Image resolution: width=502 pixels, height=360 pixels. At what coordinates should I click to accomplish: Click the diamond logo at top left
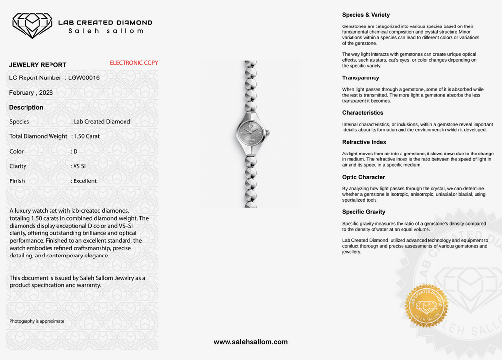(x=32, y=25)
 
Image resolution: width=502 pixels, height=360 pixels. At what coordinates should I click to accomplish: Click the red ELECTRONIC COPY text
(x=134, y=63)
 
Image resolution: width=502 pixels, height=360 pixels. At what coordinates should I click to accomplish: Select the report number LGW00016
(x=84, y=77)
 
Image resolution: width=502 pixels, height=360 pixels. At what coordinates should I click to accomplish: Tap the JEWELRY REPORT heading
(x=38, y=65)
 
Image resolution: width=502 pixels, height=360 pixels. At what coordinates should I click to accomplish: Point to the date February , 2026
(x=31, y=92)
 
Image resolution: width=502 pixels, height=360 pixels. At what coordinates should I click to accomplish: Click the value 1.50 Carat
(x=87, y=136)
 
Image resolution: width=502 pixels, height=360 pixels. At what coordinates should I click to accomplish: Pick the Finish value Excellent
(x=85, y=181)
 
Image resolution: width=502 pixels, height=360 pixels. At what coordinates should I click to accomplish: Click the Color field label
(x=16, y=152)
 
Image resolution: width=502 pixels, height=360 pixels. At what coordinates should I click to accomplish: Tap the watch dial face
(x=251, y=133)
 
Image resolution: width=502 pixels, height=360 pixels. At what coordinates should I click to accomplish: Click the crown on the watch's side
(x=268, y=133)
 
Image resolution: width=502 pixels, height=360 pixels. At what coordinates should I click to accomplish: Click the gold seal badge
(x=427, y=306)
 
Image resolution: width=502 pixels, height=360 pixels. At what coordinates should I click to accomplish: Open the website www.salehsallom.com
(x=251, y=342)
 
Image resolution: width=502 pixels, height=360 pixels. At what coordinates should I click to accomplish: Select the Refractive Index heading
(x=364, y=142)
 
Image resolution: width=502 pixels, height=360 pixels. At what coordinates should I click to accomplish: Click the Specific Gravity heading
(x=364, y=212)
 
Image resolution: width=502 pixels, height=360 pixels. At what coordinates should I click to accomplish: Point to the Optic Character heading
(x=363, y=177)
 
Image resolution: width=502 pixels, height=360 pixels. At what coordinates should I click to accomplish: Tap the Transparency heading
(x=360, y=78)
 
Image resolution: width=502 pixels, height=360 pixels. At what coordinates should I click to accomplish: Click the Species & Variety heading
(x=366, y=15)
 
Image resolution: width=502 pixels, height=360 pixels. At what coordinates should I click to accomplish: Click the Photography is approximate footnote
(x=37, y=321)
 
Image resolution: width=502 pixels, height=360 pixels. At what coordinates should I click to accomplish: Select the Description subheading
(x=26, y=107)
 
